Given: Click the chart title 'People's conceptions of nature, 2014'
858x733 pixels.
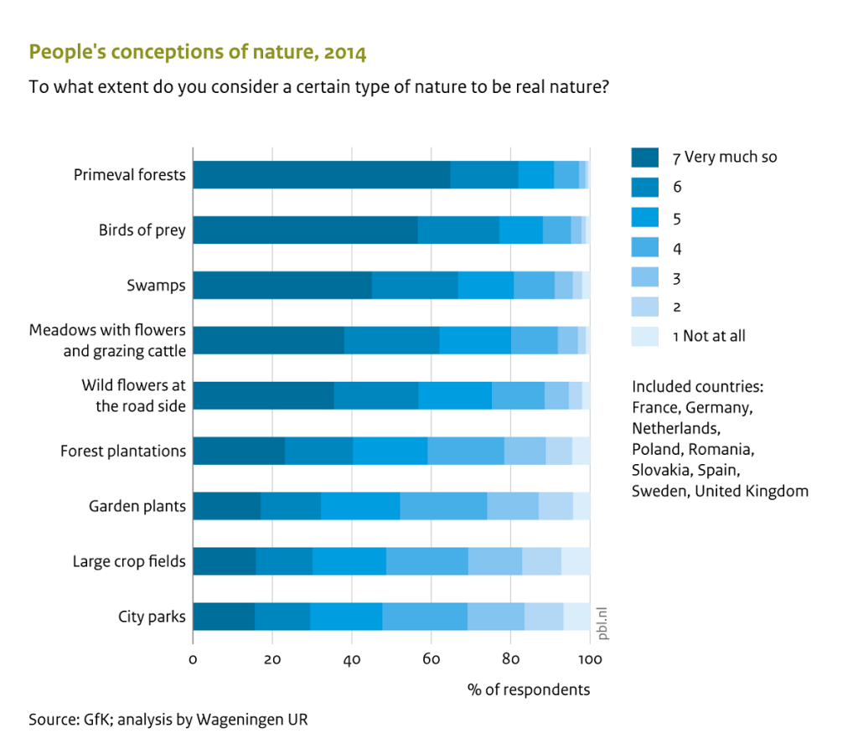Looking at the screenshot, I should click(197, 53).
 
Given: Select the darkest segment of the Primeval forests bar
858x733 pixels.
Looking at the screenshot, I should click(321, 174).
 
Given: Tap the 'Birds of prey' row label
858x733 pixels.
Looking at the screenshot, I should click(142, 230).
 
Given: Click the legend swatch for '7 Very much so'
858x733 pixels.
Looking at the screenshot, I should click(644, 157).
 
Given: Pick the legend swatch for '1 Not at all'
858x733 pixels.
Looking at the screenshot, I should click(644, 336).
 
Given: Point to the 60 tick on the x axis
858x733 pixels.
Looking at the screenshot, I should click(432, 658).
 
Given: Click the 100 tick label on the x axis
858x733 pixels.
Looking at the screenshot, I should click(590, 658).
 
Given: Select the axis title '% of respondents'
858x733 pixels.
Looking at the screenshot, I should click(529, 689).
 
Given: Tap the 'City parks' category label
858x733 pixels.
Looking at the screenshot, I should click(152, 617).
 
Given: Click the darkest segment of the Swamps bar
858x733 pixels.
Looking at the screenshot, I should click(282, 285).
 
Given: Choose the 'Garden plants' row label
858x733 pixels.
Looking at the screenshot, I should click(137, 506).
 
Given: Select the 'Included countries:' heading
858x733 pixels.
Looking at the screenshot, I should click(698, 386).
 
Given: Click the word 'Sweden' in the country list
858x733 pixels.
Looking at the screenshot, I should click(659, 491).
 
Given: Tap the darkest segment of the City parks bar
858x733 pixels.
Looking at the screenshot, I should click(224, 617).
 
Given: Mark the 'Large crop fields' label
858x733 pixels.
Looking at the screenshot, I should click(129, 561).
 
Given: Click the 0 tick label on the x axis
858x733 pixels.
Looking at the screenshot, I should click(193, 658).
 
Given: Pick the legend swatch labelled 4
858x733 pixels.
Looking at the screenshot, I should click(644, 246).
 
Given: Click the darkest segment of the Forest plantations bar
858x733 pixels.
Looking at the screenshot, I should click(239, 451).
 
